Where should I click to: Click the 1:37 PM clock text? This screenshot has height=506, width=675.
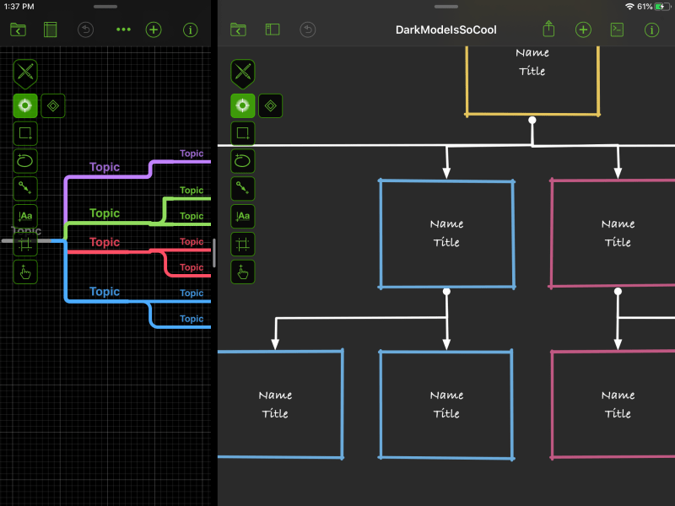[19, 6]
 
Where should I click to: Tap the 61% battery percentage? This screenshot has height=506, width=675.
[645, 6]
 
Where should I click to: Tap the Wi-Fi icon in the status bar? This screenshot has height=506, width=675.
[629, 6]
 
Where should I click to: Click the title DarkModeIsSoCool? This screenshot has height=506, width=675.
[445, 30]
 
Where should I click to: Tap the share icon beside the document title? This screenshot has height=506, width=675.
[548, 30]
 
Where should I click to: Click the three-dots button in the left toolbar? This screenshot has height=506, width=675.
[124, 30]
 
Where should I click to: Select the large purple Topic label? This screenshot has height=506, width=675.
[105, 167]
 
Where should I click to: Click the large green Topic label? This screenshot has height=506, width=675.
[105, 213]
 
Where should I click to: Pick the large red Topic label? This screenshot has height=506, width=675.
[105, 242]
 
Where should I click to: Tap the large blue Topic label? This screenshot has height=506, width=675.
[105, 292]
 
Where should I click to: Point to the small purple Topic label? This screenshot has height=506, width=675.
[192, 153]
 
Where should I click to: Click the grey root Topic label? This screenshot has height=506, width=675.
[26, 231]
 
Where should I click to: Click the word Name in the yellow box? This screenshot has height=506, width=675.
[532, 52]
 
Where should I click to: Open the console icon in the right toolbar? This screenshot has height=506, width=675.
[617, 30]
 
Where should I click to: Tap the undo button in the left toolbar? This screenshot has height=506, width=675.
[85, 30]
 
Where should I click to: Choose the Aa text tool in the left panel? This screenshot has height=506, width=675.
[25, 216]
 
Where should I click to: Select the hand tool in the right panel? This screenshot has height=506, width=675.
[243, 272]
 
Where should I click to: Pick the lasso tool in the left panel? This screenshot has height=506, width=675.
[25, 160]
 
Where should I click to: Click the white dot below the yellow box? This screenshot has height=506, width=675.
[532, 121]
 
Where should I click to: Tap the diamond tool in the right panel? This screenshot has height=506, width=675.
[270, 105]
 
